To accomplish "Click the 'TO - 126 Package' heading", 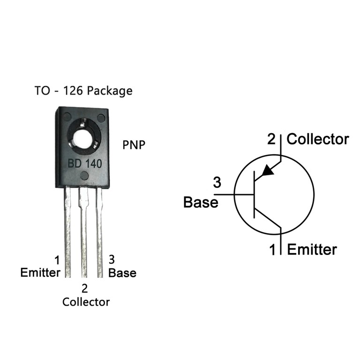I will pos(83,90).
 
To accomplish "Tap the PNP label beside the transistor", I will pos(134,144).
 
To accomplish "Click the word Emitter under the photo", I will pos(40,273).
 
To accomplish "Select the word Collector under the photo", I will pos(86,302).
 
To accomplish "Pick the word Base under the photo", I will pos(122,273).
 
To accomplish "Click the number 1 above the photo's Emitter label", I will pos(57,260).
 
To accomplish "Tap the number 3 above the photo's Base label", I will pos(112,259).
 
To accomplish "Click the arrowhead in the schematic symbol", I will pos(267,170).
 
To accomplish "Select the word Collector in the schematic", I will pos(318,139).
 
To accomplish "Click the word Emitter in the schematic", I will pos(312,249).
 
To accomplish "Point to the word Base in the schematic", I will pos(201,202).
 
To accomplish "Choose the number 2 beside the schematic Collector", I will pos(272,139).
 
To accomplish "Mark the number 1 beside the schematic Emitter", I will pos(273,250).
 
